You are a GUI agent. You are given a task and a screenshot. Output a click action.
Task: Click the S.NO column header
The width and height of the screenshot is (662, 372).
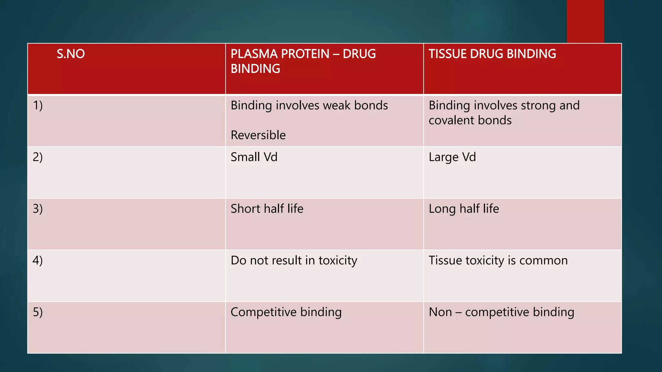pos(70,54)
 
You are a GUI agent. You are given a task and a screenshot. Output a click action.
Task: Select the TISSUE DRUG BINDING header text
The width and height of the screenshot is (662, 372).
pos(492,54)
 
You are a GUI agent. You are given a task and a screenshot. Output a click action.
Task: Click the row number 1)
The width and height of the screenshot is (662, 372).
pos(38,106)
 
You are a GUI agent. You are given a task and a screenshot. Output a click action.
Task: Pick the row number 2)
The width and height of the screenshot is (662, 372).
pos(38,157)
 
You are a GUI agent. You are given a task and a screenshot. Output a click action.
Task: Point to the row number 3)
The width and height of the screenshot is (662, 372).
pos(38,209)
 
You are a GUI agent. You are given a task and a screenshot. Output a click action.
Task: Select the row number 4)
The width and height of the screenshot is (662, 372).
pos(38,261)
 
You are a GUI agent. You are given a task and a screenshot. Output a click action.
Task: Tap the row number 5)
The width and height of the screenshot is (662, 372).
pos(38,312)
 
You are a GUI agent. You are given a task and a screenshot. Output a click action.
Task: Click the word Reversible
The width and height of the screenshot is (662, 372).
pos(258,135)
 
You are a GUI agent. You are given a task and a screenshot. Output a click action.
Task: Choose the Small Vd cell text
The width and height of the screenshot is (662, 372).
pos(254,157)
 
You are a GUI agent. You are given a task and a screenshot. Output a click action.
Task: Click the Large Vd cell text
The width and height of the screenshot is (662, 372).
pos(452,157)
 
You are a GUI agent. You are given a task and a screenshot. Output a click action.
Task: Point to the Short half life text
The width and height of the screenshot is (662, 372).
pos(267,209)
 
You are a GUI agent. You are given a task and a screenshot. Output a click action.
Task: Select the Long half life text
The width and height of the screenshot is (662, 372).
pos(464,209)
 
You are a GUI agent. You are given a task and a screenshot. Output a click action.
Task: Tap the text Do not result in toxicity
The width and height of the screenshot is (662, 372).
pos(294,261)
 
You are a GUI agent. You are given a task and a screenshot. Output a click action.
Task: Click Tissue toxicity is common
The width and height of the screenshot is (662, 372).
pos(498,261)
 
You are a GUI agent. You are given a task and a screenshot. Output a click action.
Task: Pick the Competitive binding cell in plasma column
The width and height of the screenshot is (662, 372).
pos(286,312)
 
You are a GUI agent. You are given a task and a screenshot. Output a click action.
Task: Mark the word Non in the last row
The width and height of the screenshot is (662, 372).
pos(440,312)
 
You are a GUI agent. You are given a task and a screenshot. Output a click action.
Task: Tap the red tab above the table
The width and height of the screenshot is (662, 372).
pos(585,21)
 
